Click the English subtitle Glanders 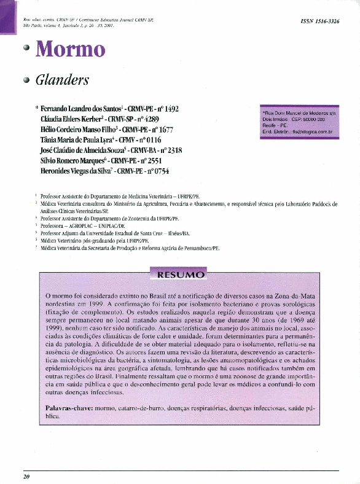click(62, 80)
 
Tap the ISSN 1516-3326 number click(319, 21)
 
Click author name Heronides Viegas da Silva click(76, 171)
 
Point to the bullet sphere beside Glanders click(26, 80)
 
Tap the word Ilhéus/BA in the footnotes click(178, 233)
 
